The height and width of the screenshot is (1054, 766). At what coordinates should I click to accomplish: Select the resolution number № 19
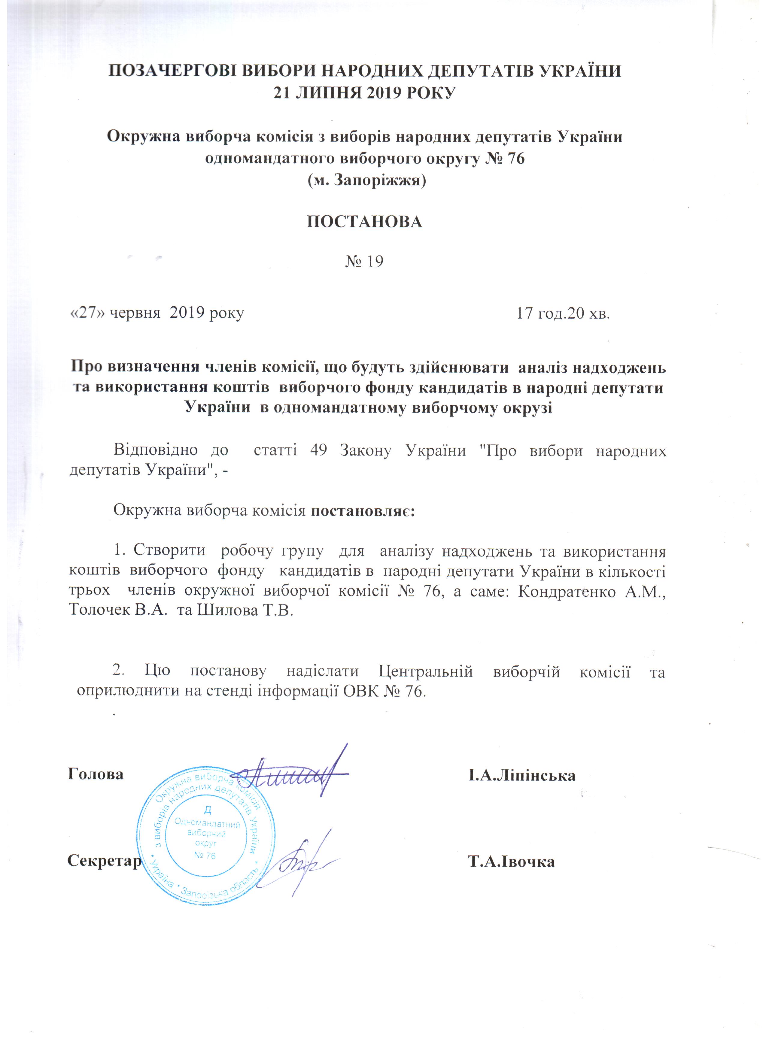[364, 262]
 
